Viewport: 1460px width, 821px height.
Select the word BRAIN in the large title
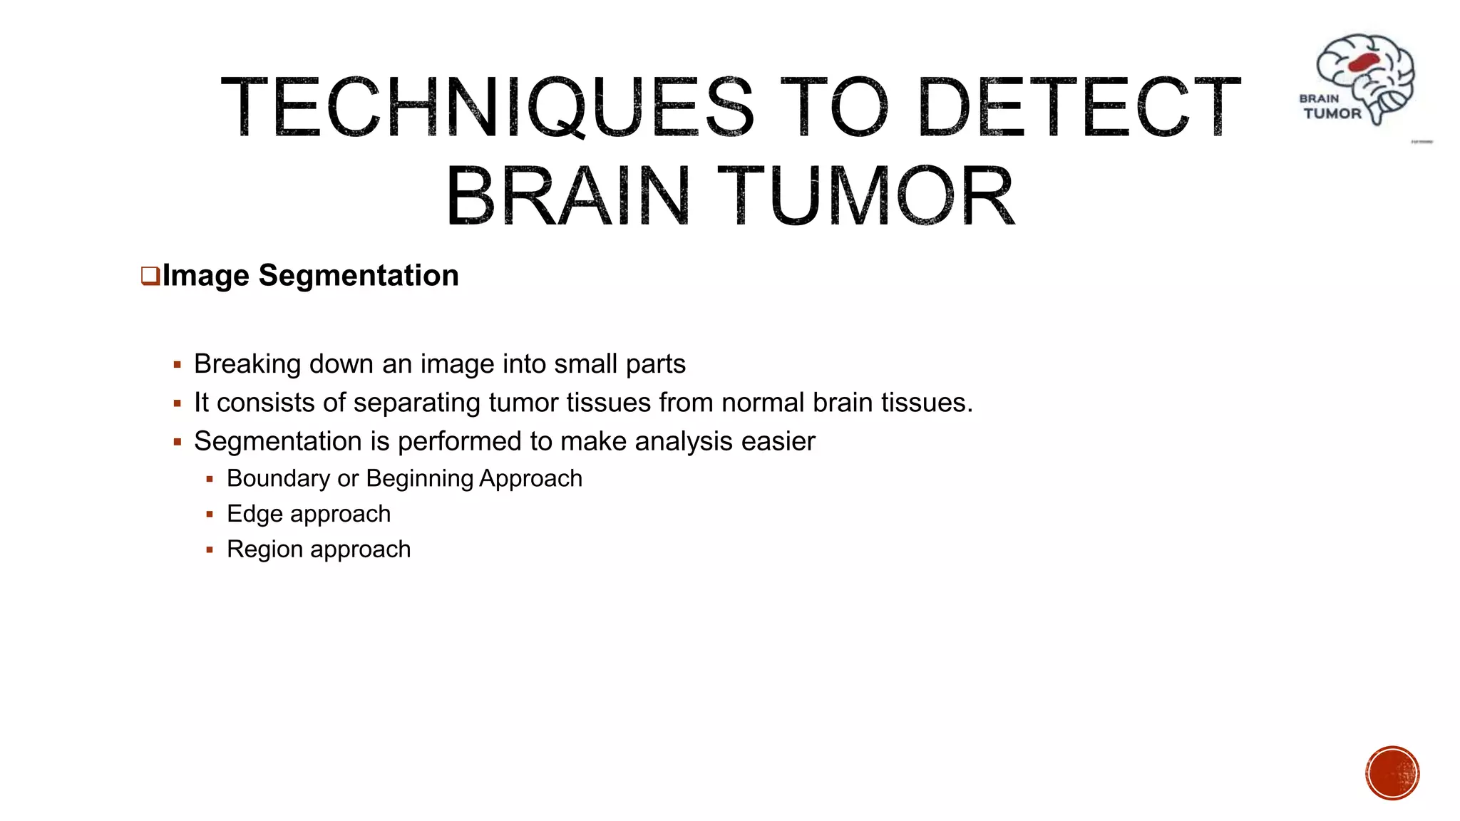567,195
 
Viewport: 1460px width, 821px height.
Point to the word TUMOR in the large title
865,195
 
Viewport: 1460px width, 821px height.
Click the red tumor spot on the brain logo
1364,63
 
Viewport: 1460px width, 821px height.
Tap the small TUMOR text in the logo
1332,113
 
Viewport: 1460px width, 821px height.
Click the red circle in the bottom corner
1392,773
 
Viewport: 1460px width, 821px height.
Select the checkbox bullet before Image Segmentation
150,276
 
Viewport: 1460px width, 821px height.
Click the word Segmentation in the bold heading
359,276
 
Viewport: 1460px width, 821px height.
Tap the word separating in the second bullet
416,403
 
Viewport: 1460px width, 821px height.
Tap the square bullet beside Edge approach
210,515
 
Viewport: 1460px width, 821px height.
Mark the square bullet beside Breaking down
178,365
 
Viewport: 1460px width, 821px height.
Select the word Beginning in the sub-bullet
419,478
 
